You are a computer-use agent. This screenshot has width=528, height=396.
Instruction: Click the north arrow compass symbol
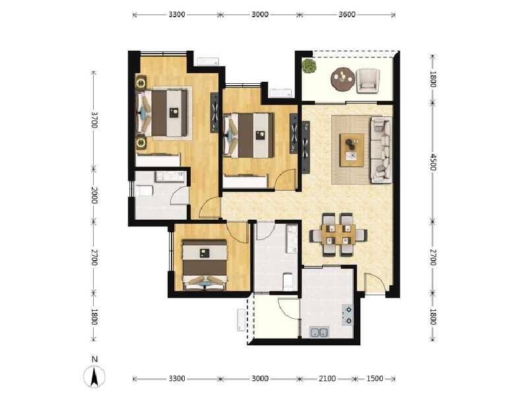[x=95, y=377]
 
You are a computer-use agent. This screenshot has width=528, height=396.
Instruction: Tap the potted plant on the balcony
[x=309, y=66]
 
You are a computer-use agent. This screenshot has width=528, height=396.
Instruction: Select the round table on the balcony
[x=342, y=79]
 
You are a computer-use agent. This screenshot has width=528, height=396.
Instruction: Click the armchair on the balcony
[x=368, y=80]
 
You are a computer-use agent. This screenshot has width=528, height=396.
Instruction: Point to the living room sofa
[x=381, y=149]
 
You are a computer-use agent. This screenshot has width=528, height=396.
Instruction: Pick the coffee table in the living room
[x=352, y=150]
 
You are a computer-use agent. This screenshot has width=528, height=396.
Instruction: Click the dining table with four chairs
[x=337, y=234]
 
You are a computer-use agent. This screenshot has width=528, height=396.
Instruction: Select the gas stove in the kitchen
[x=348, y=315]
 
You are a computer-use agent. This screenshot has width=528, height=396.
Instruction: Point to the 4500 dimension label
[x=433, y=162]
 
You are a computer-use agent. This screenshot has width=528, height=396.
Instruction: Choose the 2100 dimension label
[x=327, y=379]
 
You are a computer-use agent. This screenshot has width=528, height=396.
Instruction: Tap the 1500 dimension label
[x=374, y=379]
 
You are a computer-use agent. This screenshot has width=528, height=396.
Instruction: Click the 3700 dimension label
[x=94, y=119]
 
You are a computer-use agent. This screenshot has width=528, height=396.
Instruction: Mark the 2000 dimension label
[x=94, y=195]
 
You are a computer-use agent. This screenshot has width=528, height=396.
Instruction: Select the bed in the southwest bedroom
[x=204, y=264]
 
